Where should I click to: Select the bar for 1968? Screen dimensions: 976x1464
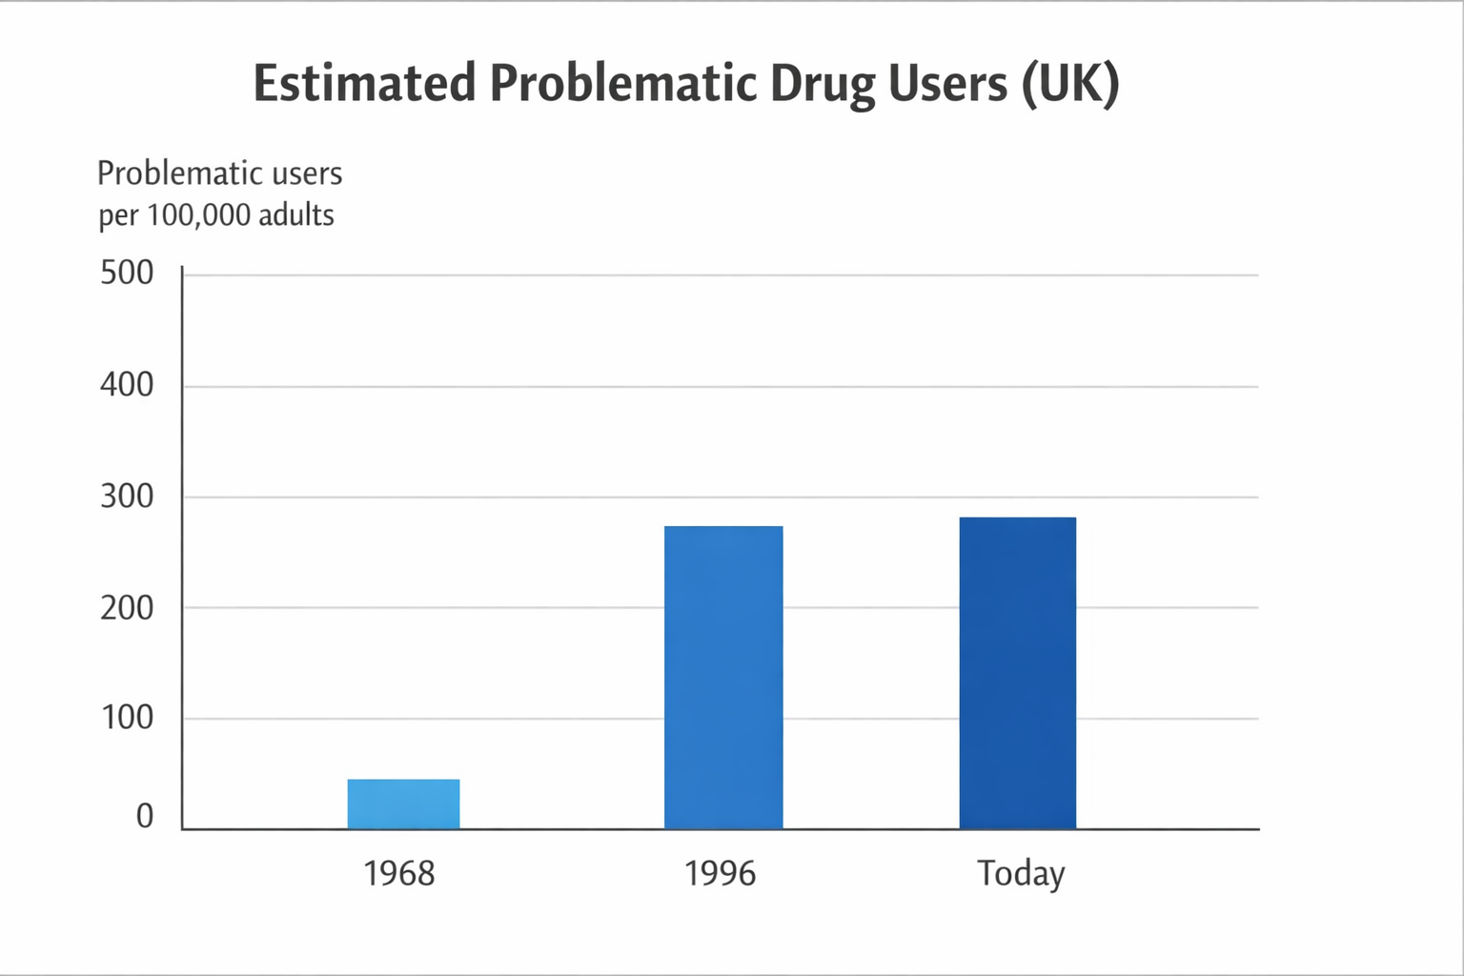click(403, 803)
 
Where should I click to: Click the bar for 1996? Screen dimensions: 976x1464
click(723, 677)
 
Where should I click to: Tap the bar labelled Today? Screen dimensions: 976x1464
click(1017, 673)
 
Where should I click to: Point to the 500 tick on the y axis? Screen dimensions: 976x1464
click(127, 274)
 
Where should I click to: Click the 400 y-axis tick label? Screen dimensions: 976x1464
click(127, 385)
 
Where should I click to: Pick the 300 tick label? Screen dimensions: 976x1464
click(127, 497)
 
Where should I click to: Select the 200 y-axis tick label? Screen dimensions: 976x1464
click(127, 607)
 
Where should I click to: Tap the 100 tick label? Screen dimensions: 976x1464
click(127, 718)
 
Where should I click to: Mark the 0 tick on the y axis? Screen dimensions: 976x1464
click(144, 817)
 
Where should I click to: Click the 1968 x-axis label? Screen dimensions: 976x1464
click(399, 873)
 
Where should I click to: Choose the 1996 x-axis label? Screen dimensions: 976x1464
click(720, 873)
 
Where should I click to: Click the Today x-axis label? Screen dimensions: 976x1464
click(1021, 873)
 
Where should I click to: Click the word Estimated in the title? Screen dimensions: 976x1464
click(364, 83)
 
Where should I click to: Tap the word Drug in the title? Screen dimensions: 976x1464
click(823, 83)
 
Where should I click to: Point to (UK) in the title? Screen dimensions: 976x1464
click(1069, 83)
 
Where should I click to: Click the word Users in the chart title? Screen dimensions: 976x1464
click(947, 83)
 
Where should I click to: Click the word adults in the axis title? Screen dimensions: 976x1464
click(296, 215)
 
